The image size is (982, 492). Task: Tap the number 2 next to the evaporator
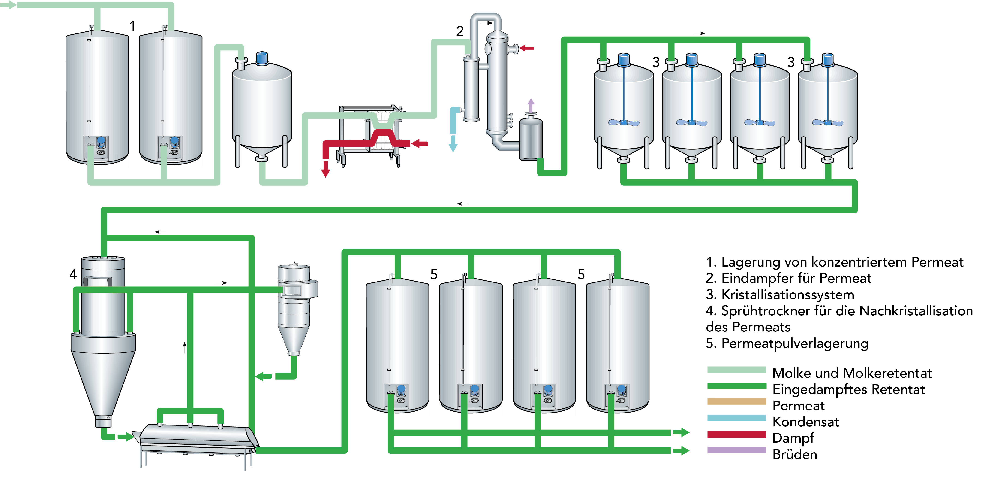coord(460,31)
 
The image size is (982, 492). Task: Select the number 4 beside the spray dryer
coord(73,274)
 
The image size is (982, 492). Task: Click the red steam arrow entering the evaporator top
coord(527,48)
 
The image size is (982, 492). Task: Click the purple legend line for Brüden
coord(736,450)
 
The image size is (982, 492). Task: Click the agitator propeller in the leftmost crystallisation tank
coord(624,122)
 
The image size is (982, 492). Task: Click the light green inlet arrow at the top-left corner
coord(8,5)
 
